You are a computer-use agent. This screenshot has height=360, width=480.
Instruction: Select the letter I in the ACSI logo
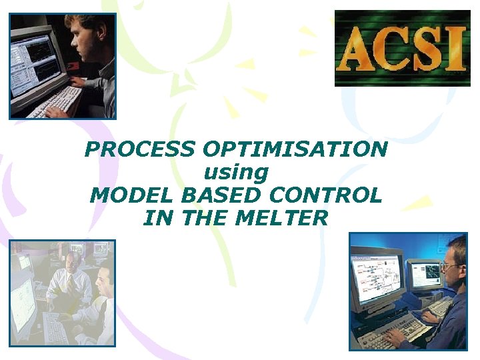(455, 49)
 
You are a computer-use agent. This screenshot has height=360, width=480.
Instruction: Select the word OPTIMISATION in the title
(292, 149)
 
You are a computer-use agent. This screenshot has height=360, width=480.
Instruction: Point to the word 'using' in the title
(235, 173)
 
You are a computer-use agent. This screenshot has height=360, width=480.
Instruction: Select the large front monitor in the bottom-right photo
(377, 277)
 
